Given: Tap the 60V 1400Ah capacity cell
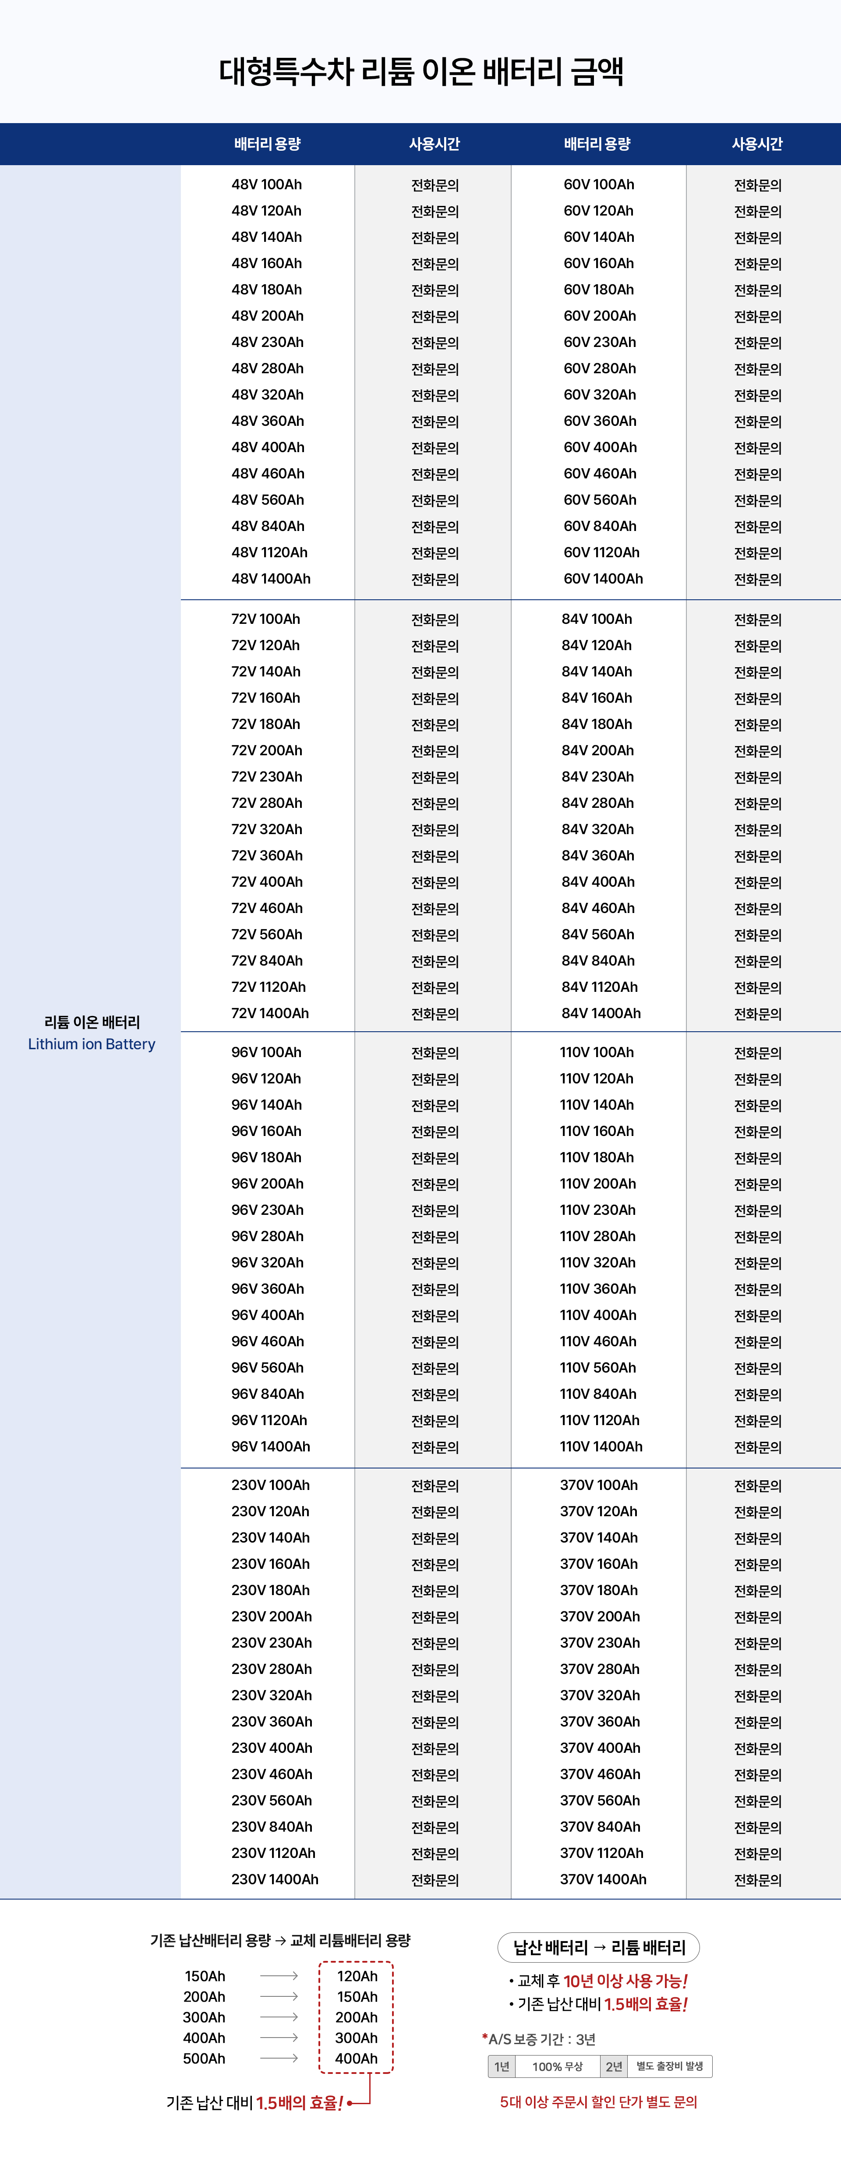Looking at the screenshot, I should coord(603,579).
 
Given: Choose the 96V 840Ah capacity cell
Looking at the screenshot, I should coord(268,1394).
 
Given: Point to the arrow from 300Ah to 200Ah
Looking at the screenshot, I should coord(279,2017).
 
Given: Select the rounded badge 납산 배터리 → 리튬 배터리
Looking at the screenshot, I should coord(599,1947).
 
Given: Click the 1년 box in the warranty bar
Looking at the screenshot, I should coord(502,2066).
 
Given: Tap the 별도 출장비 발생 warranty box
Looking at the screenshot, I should coord(670,2066).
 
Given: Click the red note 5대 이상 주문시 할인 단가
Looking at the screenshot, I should coord(598,2102).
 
